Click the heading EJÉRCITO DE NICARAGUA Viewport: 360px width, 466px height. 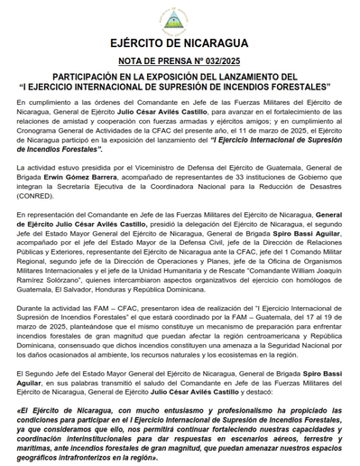180,42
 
